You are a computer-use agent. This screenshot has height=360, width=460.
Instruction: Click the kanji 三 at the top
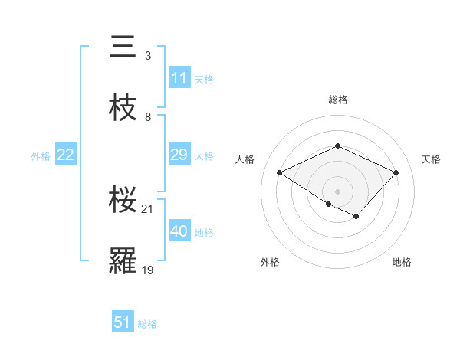123,47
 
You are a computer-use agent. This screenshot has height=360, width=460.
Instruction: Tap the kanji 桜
123,201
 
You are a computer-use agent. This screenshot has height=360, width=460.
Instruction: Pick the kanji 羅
123,262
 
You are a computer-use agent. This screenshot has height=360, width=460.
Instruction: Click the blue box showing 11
179,79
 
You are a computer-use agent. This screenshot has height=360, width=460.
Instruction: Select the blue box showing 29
179,155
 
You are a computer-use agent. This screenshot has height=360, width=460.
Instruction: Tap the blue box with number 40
179,232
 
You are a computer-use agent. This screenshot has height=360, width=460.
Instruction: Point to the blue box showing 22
66,155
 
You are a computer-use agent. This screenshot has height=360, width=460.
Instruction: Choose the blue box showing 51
123,323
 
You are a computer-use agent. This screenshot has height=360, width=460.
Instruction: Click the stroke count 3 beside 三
147,56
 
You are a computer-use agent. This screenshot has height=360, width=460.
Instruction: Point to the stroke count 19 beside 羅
148,270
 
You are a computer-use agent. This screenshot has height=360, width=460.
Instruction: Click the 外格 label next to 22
41,156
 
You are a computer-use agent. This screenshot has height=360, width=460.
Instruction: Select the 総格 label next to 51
147,324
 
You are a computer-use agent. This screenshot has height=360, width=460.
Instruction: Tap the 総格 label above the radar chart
337,100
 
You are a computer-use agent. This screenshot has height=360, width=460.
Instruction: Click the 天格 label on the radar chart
431,159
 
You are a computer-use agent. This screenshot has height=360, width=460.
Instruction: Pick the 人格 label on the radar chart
245,159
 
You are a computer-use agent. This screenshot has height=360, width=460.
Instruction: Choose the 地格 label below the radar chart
402,262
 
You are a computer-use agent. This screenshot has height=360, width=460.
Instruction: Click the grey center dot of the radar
337,191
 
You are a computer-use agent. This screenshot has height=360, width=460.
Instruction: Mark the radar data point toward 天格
396,172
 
